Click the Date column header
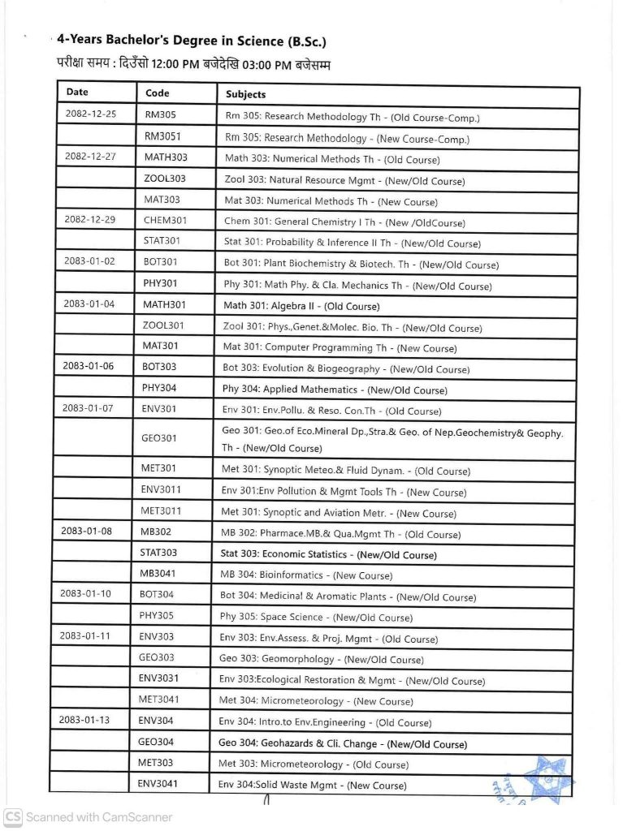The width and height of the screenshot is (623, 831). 78,93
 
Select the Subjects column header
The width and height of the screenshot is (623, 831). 245,94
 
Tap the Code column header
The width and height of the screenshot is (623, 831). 157,93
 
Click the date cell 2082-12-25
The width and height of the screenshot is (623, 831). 90,114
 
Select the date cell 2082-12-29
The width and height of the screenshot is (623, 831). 90,219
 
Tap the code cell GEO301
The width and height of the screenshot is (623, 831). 158,438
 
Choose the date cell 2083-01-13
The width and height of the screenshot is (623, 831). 85,720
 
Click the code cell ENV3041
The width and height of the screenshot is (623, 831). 158,783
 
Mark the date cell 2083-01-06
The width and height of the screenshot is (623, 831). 89,366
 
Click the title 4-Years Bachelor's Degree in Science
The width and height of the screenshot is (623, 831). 192,41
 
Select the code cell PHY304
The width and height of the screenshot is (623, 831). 159,388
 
